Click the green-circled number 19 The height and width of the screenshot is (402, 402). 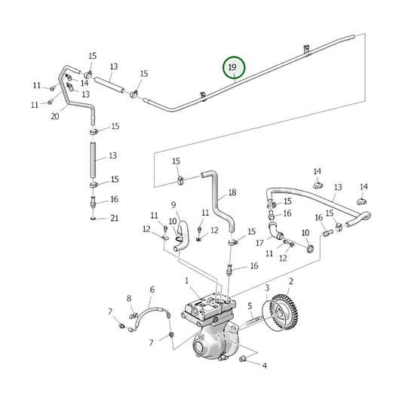[x=234, y=69]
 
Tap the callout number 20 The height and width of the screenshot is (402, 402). [x=54, y=117]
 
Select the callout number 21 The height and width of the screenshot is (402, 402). [x=115, y=219]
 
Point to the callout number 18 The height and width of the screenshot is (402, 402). [x=232, y=193]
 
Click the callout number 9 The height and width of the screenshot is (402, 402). [x=173, y=204]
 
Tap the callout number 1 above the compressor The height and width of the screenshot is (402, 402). [x=186, y=281]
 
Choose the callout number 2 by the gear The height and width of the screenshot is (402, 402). [x=291, y=281]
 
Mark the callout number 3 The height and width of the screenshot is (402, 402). [x=266, y=288]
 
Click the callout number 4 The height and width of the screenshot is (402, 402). [x=264, y=366]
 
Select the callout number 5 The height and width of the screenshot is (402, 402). [x=248, y=305]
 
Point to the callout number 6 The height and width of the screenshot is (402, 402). [x=152, y=290]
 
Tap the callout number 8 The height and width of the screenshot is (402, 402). [x=129, y=299]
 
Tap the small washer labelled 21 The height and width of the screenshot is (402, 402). [x=94, y=219]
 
